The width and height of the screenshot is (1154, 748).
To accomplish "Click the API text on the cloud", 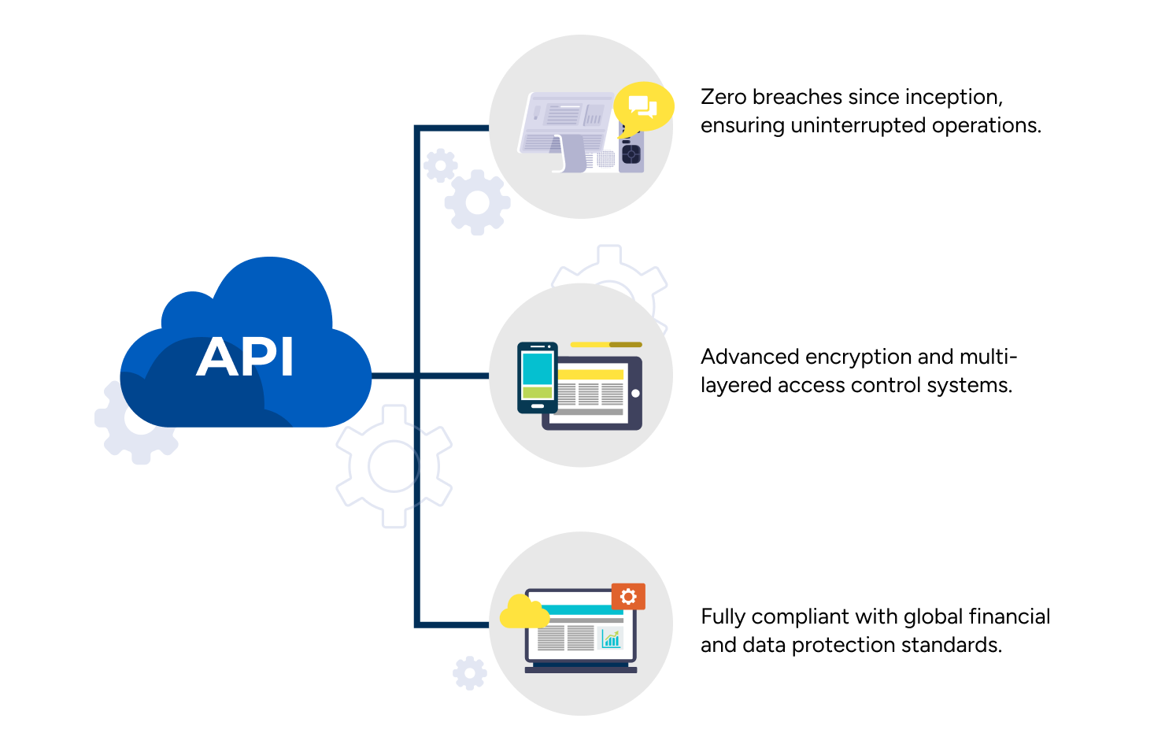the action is tap(246, 357).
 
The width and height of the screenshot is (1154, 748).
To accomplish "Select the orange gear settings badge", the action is tap(628, 597).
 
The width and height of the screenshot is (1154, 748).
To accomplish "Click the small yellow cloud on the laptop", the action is tap(524, 612).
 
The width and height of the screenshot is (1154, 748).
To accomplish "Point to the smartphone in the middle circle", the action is tap(538, 378).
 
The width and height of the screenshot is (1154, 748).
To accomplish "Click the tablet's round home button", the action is tap(635, 394).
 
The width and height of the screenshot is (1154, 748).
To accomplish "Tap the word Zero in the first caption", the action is tap(723, 97).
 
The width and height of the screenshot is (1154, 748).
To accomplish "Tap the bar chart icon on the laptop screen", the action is tap(611, 639).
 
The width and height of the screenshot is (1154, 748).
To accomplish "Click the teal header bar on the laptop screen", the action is tap(576, 610).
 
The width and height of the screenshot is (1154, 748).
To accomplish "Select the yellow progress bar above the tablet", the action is tap(606, 345).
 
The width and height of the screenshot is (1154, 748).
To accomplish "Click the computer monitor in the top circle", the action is tap(568, 131).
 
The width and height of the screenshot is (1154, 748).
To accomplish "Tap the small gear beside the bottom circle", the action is tap(469, 672).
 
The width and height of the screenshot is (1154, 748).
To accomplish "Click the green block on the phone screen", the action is tap(537, 393).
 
